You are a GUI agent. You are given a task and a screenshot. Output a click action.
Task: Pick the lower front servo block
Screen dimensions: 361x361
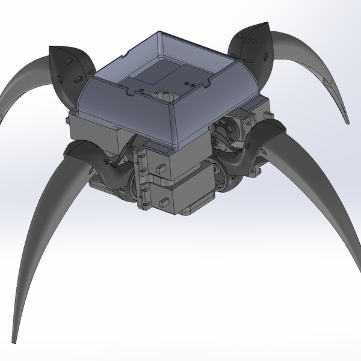(180, 196)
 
